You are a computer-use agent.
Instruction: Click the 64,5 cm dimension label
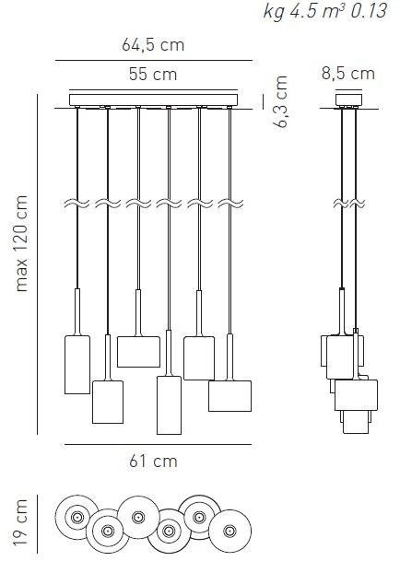153,45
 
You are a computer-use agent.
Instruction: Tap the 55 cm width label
153,75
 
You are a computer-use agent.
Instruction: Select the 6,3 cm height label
280,102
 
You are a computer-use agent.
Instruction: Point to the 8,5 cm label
348,74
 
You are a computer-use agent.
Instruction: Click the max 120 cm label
21,243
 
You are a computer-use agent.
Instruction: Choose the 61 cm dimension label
153,462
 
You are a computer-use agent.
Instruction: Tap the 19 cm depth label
20,522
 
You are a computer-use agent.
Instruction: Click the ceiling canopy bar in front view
153,99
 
